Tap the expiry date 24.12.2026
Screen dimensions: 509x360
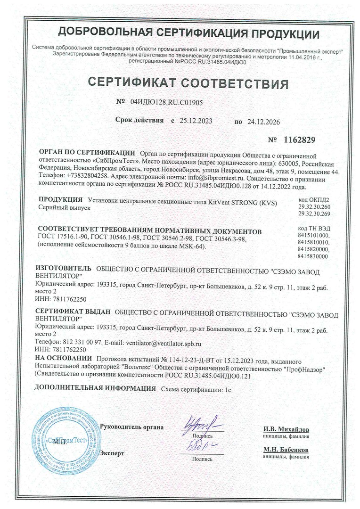point(263,122)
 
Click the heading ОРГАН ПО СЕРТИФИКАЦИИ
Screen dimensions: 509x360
point(87,153)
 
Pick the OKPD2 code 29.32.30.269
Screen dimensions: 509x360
point(314,214)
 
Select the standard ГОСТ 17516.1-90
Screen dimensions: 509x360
point(61,240)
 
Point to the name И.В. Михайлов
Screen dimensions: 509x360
point(286,430)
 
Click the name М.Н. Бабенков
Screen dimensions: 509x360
point(286,450)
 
